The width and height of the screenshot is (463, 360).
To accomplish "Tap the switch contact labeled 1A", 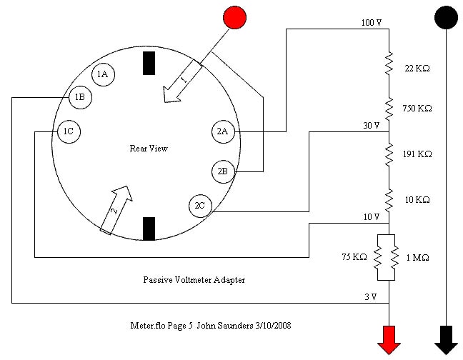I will (102, 74).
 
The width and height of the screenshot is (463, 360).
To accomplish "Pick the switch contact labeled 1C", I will (68, 132).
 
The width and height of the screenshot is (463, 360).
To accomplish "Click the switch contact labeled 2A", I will (221, 131).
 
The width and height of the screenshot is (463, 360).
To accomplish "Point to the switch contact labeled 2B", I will (221, 171).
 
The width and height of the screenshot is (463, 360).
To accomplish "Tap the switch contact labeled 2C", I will (199, 206).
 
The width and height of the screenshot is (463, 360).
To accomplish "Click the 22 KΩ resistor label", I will (417, 69).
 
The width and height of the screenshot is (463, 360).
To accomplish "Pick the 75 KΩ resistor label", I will (354, 257).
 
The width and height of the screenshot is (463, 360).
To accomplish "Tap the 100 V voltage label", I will (371, 24).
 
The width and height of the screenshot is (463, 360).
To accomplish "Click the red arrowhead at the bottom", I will (389, 338).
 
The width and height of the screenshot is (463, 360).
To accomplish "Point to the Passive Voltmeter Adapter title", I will (194, 280).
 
